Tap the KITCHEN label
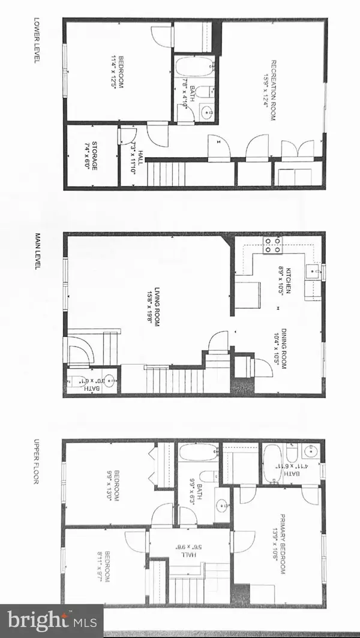coord(290,280)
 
